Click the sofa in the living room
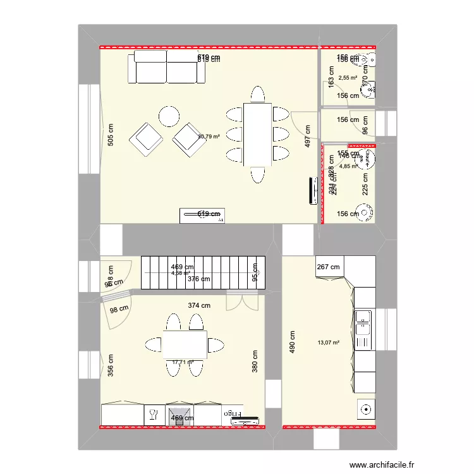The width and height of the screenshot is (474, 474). tap(167, 68)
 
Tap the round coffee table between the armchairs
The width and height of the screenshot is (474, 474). tap(169, 116)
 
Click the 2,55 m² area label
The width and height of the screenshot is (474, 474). tap(348, 78)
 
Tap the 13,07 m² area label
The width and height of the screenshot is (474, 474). tap(329, 343)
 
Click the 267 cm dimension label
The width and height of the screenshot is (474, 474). tap(328, 267)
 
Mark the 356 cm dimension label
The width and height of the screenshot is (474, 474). tap(111, 366)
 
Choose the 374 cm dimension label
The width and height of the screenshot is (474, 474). tap(199, 305)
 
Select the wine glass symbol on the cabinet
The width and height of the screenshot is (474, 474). tap(153, 415)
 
